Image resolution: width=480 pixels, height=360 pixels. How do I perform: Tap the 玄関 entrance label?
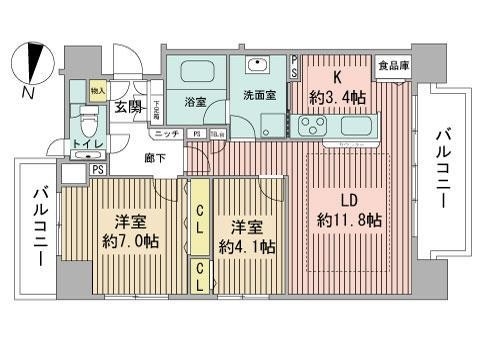pos(127,106)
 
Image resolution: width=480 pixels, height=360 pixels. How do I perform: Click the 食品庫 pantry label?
pos(391,67)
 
